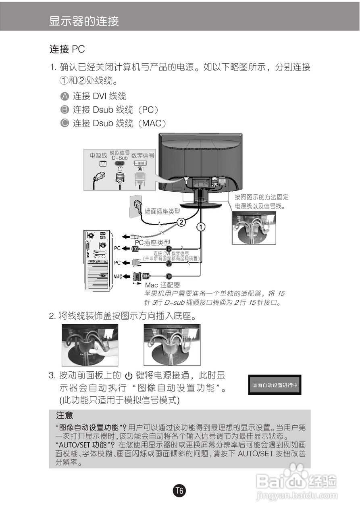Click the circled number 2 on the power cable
182,222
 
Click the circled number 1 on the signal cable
201,227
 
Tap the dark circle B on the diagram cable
169,248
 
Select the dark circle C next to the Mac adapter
169,276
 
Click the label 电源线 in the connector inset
98,155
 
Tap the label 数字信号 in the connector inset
143,155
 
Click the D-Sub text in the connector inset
120,158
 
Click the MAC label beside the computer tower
117,277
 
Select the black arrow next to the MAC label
126,277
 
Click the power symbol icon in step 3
129,376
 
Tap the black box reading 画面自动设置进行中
275,385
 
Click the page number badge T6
180,491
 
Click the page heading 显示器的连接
84,21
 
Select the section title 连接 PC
67,50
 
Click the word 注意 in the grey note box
65,415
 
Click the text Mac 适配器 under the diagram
162,285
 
